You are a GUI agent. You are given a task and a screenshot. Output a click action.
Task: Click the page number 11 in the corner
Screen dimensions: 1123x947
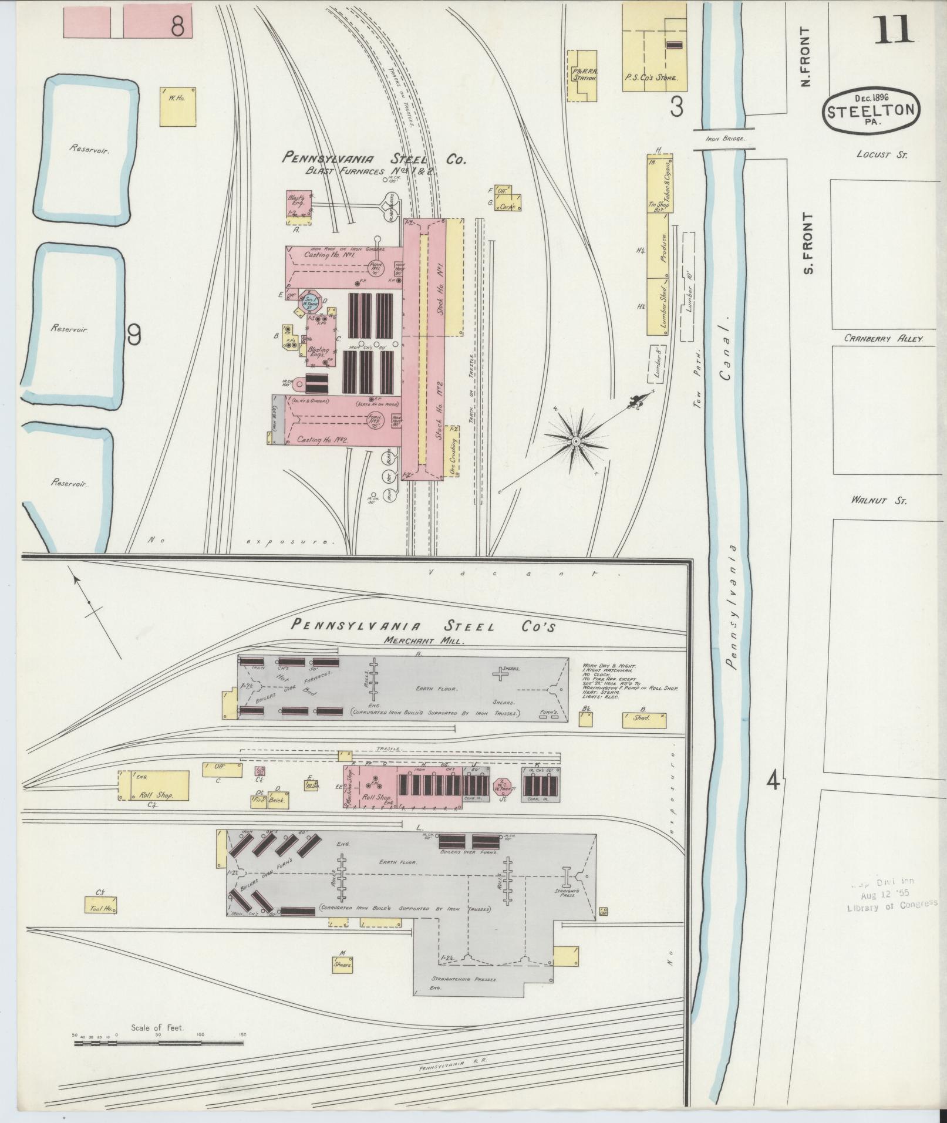[x=894, y=31]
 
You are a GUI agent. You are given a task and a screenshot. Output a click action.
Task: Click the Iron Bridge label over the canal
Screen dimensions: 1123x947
[x=726, y=139]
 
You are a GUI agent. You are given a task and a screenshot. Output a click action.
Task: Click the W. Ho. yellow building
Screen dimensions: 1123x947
[x=177, y=106]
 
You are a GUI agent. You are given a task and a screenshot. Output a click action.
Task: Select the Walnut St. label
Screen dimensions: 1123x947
[x=878, y=501]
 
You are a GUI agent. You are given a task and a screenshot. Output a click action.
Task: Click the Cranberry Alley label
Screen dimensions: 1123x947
[x=884, y=339]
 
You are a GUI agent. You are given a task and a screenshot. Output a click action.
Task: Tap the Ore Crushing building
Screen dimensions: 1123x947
[x=453, y=450]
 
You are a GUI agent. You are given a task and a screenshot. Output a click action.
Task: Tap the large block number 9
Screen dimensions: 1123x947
[x=134, y=335]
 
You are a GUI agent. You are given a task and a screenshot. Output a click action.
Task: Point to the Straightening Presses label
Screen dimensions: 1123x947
[x=464, y=979]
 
